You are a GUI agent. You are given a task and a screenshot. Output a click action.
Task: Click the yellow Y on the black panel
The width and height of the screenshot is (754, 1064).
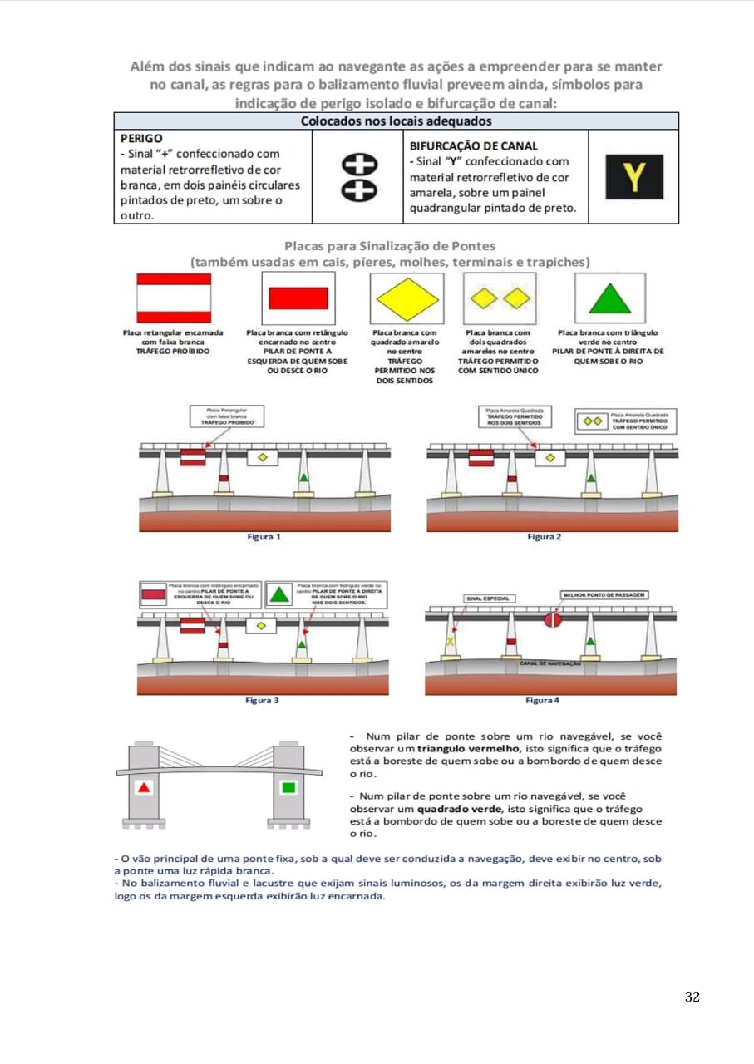click(x=633, y=176)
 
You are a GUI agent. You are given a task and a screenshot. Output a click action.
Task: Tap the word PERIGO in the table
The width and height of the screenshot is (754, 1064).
click(x=141, y=138)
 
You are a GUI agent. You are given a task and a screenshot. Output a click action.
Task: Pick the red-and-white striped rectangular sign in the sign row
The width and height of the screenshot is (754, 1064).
click(x=174, y=298)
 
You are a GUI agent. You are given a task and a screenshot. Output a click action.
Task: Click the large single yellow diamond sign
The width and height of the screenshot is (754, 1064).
click(x=407, y=298)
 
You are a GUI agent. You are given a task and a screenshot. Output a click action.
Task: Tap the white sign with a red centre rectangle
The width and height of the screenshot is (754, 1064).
click(x=298, y=298)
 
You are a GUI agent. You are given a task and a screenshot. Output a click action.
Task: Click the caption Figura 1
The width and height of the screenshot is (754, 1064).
click(x=264, y=537)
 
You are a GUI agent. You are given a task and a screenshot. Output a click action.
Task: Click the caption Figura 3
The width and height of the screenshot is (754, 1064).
click(x=262, y=700)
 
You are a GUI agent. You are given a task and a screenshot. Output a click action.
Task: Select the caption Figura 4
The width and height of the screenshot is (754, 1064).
click(x=542, y=700)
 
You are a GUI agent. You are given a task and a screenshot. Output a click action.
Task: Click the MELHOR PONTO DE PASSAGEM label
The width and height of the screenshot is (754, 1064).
click(x=604, y=595)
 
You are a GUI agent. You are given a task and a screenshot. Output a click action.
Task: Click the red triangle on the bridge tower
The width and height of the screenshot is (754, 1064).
click(x=145, y=786)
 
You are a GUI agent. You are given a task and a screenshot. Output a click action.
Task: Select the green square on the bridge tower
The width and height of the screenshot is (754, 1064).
click(x=288, y=786)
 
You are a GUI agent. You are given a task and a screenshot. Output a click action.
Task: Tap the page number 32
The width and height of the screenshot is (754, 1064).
click(x=692, y=997)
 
